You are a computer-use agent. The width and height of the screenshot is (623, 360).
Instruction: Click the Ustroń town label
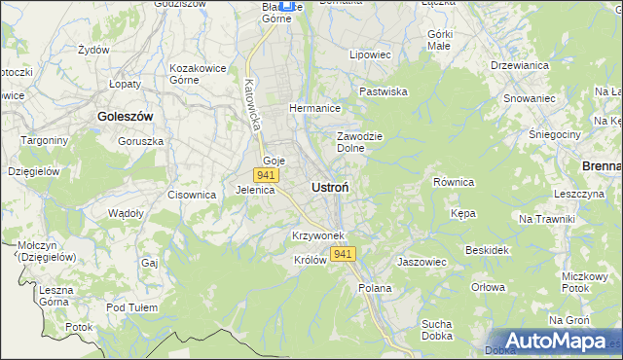331,186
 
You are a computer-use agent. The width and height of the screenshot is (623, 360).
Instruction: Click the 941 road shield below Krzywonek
342,254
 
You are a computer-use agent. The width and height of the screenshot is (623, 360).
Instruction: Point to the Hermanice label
313,108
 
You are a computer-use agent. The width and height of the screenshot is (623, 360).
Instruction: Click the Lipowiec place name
370,55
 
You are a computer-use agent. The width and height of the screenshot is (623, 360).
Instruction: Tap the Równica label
453,182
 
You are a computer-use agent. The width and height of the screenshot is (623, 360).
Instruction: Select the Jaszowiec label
421,262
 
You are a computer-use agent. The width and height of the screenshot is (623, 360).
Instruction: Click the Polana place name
375,288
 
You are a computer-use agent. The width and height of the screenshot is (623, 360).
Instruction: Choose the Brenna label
602,166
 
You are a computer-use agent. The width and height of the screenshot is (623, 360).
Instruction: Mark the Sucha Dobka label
439,330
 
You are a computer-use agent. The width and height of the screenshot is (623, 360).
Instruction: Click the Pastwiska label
383,91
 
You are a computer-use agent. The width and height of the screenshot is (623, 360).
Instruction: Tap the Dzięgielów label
34,170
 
